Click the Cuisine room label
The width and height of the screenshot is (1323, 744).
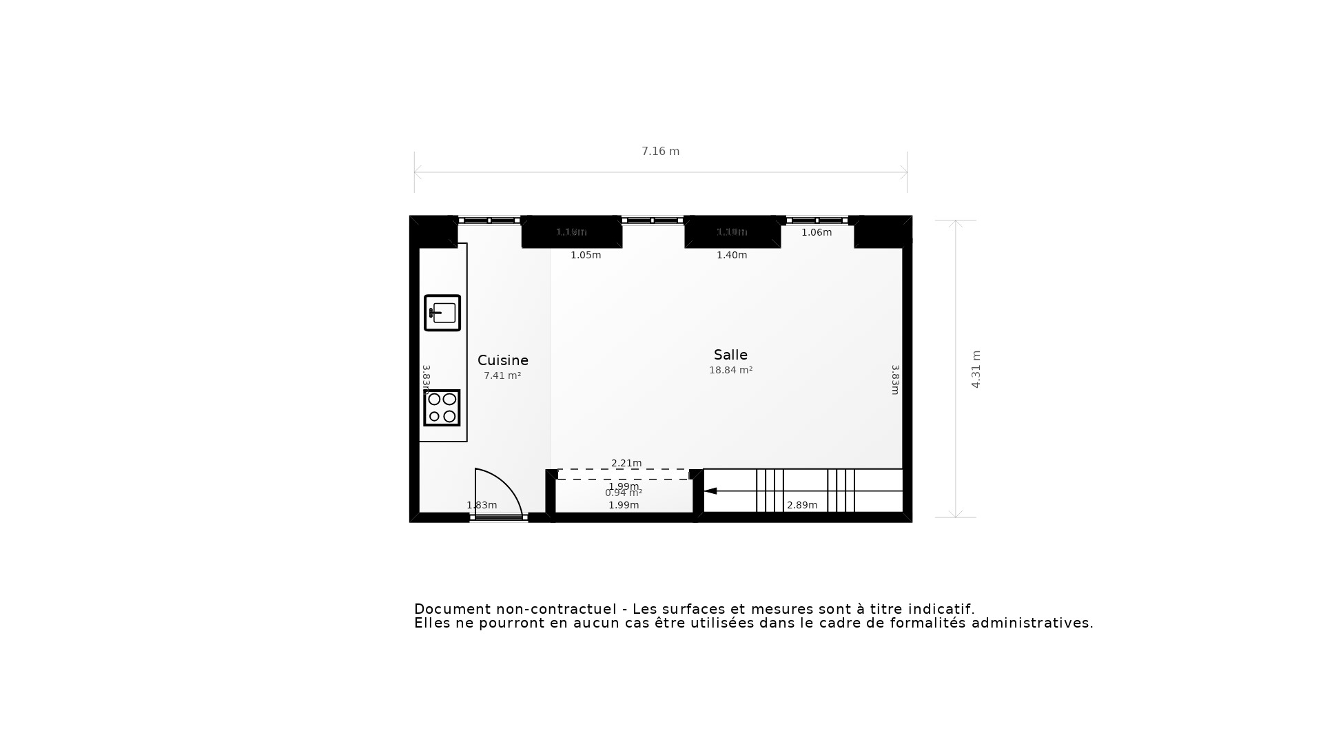(x=502, y=360)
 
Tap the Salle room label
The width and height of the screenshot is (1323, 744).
(x=730, y=355)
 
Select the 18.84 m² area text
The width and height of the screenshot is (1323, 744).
(x=730, y=371)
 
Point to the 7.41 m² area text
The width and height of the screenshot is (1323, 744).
(x=502, y=376)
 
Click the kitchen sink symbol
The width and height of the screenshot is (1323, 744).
(x=442, y=313)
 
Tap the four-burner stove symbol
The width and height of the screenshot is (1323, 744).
(x=442, y=408)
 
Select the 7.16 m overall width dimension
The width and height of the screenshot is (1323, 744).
(x=660, y=152)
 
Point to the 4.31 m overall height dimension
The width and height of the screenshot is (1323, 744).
(x=976, y=369)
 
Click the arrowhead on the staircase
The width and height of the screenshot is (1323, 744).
(x=710, y=491)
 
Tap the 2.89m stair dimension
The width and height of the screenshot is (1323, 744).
(x=802, y=506)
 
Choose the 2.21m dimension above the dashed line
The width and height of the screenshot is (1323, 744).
(x=626, y=463)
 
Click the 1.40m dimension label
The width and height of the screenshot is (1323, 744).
(x=732, y=256)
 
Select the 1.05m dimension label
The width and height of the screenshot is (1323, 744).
(x=586, y=256)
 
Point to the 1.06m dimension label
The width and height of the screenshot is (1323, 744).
(x=817, y=233)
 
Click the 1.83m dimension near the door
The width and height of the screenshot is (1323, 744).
(x=482, y=506)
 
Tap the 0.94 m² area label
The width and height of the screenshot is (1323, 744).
(x=624, y=493)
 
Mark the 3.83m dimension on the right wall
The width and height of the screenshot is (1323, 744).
(x=895, y=380)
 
